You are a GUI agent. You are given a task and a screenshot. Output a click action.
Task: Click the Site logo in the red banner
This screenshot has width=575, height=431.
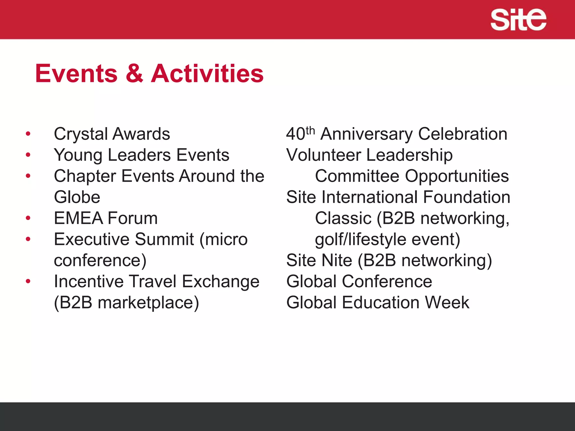click(x=518, y=19)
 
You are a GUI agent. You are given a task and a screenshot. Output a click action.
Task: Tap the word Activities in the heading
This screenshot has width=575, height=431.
click(x=207, y=74)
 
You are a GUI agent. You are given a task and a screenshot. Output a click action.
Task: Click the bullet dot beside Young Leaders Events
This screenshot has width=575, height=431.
click(x=28, y=155)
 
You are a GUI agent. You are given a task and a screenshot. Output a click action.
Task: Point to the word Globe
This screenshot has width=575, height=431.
click(x=77, y=197)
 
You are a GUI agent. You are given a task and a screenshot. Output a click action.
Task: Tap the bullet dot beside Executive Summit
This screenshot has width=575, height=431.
click(x=28, y=239)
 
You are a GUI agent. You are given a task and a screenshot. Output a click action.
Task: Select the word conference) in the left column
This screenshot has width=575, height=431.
click(x=100, y=261)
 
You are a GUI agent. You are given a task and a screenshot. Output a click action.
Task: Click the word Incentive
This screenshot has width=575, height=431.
click(x=89, y=281)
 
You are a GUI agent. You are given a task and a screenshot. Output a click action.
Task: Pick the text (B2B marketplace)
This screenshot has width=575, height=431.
click(x=126, y=303)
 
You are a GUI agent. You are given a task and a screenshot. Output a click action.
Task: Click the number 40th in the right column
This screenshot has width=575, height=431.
click(x=300, y=134)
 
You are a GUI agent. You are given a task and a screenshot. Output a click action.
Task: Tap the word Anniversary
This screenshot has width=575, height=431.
click(x=366, y=134)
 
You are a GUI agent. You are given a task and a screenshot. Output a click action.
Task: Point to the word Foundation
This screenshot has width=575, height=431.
click(x=466, y=197)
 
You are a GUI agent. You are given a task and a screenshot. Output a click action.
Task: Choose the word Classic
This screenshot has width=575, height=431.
click(x=343, y=218)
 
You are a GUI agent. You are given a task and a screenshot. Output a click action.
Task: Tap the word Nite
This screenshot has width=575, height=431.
click(x=337, y=260)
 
